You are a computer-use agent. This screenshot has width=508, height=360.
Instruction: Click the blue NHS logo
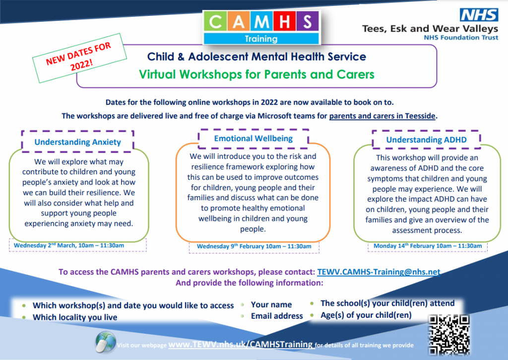coord(479,15)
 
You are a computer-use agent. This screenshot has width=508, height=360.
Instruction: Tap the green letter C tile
coord(215,22)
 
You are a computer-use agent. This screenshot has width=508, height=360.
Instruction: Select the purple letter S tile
coord(307,22)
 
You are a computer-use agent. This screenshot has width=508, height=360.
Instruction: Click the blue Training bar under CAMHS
coord(261,39)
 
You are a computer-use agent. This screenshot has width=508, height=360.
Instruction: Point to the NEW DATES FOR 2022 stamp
coord(79,58)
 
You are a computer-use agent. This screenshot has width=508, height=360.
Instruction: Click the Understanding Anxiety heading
coord(78,142)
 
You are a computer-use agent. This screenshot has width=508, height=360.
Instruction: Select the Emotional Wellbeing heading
coord(254,139)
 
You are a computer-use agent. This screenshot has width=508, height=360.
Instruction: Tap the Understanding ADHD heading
coord(426,140)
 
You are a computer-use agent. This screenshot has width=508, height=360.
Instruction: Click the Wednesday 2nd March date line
coord(68,245)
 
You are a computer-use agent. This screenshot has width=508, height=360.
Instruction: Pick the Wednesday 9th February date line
coord(254,246)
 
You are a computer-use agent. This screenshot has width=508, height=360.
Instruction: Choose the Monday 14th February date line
coord(428,246)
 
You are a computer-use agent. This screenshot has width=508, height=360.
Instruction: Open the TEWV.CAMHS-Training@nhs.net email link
coord(379,272)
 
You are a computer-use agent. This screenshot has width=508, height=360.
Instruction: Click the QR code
coord(449,335)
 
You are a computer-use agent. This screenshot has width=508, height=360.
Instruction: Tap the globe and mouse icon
coord(106,342)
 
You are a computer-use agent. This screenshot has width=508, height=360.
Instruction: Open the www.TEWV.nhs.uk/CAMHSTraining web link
coord(241,345)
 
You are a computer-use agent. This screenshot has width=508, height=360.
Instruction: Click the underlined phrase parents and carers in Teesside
coord(382,116)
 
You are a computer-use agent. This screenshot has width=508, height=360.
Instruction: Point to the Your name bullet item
coord(271,304)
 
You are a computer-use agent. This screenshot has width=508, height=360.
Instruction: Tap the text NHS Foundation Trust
coord(461,38)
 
